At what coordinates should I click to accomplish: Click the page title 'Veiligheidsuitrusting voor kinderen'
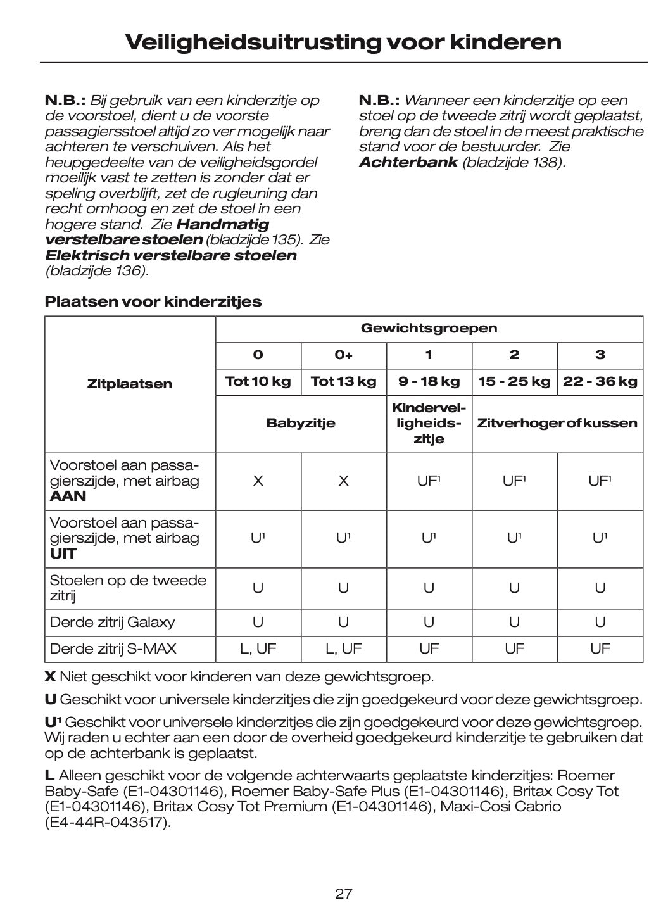point(343,42)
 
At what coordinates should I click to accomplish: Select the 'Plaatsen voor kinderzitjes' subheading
point(153,301)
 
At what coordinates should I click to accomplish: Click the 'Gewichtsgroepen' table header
point(429,328)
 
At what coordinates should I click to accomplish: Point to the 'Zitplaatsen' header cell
point(129,384)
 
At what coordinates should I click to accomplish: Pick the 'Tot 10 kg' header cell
point(258,381)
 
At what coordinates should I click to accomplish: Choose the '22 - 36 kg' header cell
point(600,381)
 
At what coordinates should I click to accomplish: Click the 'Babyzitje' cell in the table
point(301,423)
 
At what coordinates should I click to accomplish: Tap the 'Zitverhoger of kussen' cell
point(557,423)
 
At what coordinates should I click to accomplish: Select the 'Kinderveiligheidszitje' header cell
point(429,423)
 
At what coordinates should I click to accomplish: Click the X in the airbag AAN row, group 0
point(258,481)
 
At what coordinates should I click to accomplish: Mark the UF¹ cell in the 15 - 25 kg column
point(514,481)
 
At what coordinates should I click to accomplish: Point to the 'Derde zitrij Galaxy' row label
point(112,622)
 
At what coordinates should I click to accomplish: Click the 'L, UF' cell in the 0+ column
point(343,648)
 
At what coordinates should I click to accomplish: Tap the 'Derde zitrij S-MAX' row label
point(113,648)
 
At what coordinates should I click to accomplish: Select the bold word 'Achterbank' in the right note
point(408,162)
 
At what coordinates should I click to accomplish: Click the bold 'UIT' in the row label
point(63,553)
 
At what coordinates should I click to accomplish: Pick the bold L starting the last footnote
point(49,776)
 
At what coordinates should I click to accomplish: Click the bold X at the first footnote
point(49,676)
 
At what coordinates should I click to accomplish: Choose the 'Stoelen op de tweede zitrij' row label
point(127,588)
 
